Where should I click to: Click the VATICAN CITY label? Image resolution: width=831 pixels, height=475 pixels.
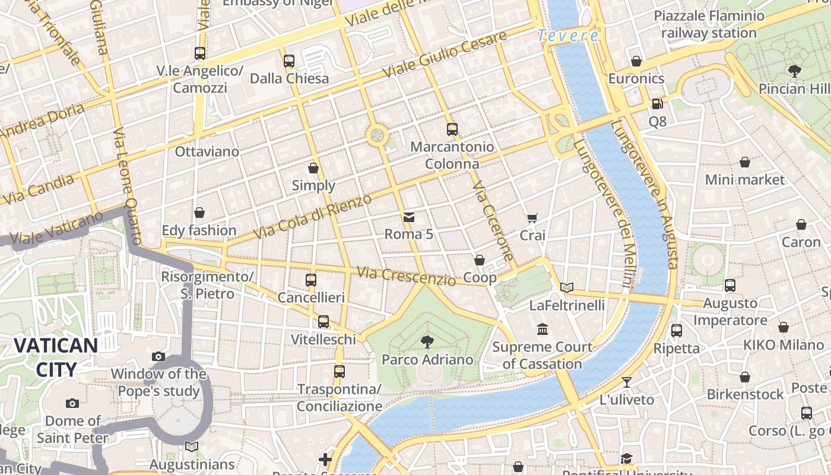coord(56,357)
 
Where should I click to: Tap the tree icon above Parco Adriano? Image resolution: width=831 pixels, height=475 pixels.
coord(426,341)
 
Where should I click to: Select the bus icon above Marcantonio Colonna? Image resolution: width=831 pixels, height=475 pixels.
coord(452,129)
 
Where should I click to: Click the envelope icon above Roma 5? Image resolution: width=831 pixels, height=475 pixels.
coord(409,217)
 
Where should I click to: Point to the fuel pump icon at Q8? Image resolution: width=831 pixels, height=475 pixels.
coord(657,104)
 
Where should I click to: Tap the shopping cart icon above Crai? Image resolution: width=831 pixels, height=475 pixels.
coord(532,218)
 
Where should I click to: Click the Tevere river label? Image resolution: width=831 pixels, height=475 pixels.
coord(568,36)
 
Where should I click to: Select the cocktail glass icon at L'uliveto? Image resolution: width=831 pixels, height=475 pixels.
coord(627,382)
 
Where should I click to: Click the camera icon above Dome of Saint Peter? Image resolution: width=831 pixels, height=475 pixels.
coord(72,403)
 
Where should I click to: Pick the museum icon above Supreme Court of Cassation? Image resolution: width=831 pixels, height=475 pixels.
coord(543,329)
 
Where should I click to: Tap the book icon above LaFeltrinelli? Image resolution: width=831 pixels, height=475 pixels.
coord(567,288)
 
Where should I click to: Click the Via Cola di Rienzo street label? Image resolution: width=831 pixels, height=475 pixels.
coord(313,216)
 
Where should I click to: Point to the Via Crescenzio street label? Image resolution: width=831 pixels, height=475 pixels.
coord(406,276)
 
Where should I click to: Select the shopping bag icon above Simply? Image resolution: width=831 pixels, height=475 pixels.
coord(313,168)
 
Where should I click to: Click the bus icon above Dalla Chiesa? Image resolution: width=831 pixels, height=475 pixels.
coord(289,61)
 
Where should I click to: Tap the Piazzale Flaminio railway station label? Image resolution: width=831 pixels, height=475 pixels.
coord(709,24)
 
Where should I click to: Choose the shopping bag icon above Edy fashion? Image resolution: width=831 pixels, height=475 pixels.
coord(199,213)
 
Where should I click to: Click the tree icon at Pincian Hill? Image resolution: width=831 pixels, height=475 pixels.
coord(795,71)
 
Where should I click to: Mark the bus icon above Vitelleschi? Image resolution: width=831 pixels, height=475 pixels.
coord(323,322)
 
